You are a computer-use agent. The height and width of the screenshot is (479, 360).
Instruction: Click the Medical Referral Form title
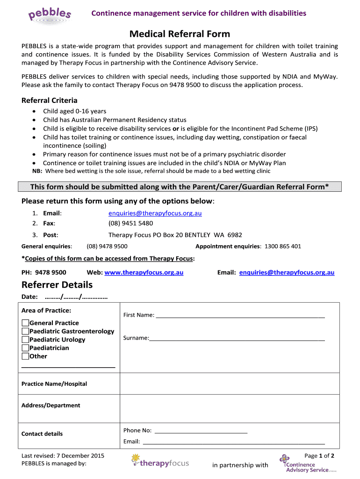180,34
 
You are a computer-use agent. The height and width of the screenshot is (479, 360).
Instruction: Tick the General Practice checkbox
25,323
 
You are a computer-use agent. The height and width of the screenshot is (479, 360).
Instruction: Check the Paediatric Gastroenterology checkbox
25,331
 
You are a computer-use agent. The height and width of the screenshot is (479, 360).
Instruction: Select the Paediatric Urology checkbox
25,340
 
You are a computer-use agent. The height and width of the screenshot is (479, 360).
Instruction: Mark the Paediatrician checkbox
25,348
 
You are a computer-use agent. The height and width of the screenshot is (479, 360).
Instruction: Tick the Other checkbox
25,356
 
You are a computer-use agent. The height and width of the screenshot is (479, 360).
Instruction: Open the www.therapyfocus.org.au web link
144,272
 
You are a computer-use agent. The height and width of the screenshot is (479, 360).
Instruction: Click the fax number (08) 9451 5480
130,223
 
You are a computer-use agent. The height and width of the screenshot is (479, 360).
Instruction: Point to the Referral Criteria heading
50,101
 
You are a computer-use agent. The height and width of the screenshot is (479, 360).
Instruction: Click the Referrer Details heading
57,285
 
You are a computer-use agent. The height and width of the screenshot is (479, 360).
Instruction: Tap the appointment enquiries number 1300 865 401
283,246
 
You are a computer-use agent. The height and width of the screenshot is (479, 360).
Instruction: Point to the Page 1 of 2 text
319,456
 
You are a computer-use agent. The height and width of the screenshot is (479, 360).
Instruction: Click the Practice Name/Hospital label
54,384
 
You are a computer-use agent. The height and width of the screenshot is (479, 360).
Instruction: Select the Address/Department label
51,405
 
